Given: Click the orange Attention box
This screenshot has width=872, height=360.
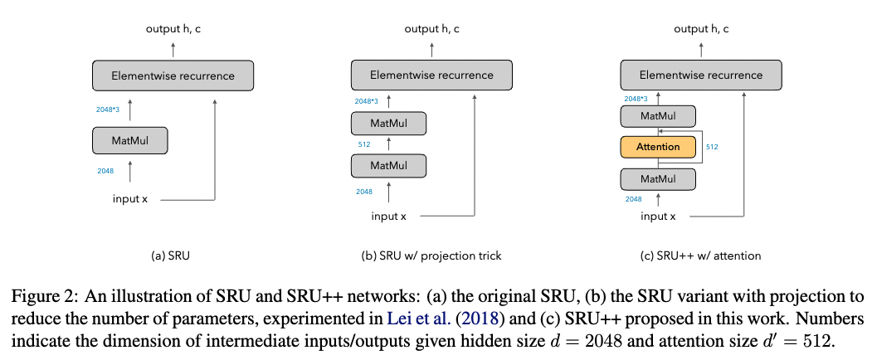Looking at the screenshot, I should tap(658, 147).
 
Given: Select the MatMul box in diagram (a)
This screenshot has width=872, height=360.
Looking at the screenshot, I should tap(129, 140).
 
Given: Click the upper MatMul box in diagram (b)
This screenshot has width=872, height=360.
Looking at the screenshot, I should tap(388, 124).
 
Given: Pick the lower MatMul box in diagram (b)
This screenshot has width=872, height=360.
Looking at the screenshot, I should tap(388, 166).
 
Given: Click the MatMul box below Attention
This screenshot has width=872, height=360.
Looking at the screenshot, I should tap(658, 178).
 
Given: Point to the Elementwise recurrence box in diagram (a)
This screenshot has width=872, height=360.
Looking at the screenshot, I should tap(173, 75).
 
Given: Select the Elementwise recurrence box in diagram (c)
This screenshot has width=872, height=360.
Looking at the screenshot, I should tap(700, 75).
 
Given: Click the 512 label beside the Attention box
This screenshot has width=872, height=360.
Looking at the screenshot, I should tap(712, 147).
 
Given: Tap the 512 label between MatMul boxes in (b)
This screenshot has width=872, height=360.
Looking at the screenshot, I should tap(363, 145).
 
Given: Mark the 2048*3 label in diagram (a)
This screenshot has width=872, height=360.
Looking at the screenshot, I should tap(108, 109).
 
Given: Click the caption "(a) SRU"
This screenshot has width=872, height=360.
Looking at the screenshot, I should tap(172, 255).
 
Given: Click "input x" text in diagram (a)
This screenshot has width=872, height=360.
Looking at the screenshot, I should tap(131, 199).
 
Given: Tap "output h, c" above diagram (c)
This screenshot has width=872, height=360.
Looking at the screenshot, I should tap(701, 29).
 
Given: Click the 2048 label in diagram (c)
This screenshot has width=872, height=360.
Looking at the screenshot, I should tap(633, 199).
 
